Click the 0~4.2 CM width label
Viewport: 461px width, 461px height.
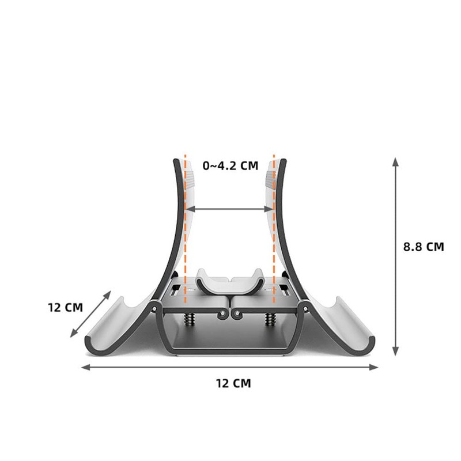click(230, 166)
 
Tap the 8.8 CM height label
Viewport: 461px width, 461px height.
click(424, 246)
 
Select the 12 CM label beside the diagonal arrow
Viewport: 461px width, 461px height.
click(65, 307)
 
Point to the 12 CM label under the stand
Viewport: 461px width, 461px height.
click(233, 383)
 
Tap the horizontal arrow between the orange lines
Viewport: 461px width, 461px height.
click(229, 209)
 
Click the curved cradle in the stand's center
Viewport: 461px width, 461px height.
click(229, 282)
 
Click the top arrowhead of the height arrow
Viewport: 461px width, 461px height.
click(395, 161)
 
